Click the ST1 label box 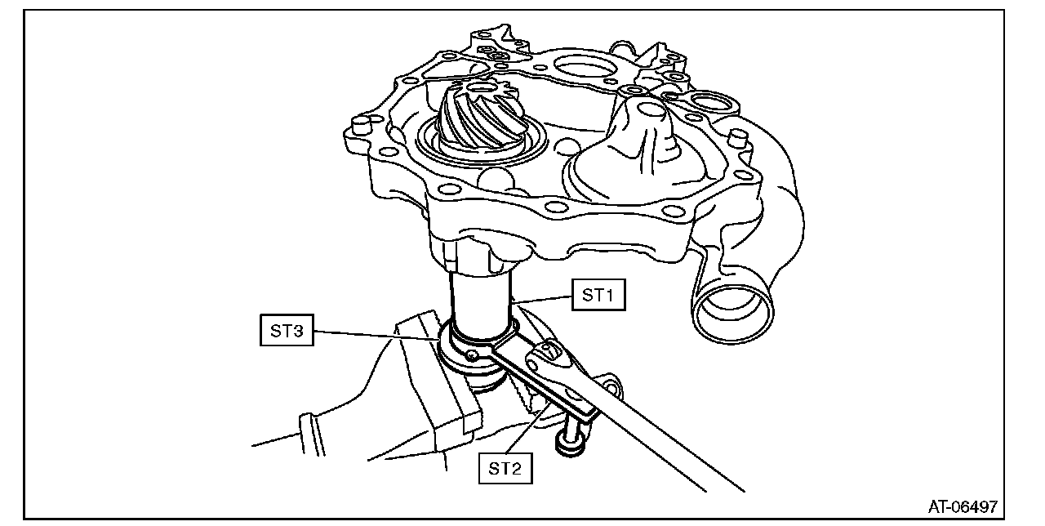[598, 295]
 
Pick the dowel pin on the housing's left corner [357, 126]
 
